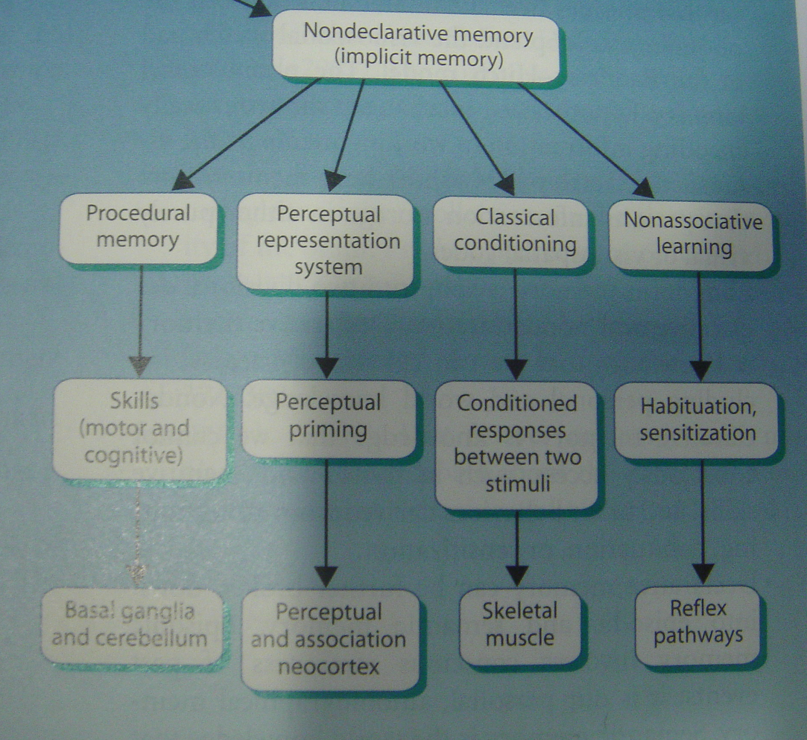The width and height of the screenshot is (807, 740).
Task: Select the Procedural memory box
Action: click(x=138, y=227)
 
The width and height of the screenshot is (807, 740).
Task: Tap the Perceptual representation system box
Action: click(x=327, y=241)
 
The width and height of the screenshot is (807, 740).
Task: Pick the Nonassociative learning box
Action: click(x=691, y=235)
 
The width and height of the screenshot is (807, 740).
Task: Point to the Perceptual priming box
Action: click(x=328, y=418)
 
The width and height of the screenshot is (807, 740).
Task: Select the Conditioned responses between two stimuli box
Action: click(x=516, y=444)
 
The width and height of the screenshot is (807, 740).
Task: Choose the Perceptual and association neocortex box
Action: click(x=329, y=640)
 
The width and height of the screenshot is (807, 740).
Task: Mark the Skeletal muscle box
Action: click(x=520, y=625)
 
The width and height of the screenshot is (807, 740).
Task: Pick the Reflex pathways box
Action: click(x=698, y=623)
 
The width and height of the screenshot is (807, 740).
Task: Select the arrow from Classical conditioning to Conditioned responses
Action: click(x=515, y=323)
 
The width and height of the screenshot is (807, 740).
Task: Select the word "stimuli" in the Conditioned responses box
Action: click(x=517, y=484)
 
